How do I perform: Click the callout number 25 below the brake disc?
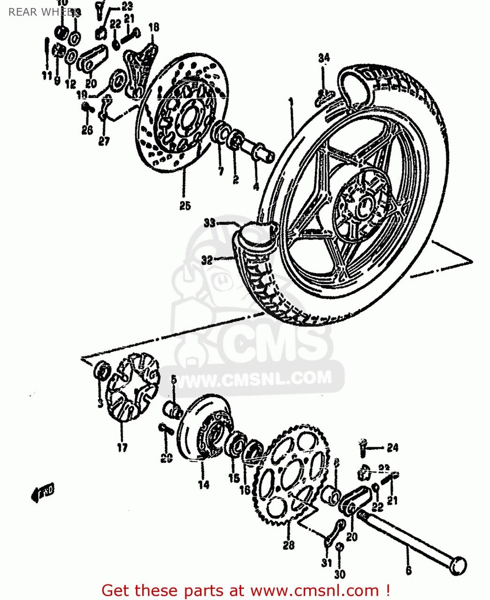(185, 205)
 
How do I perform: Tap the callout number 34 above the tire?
(323, 58)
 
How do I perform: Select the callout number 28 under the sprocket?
(289, 545)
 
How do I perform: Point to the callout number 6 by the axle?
(408, 570)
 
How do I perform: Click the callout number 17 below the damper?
(122, 448)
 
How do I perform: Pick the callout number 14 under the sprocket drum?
(203, 485)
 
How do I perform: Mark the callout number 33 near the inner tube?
(209, 223)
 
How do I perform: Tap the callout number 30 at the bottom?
(340, 575)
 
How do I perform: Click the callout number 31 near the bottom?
(327, 563)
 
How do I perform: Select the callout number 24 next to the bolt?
(392, 448)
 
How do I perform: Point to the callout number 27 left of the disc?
(104, 140)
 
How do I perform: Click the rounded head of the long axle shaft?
(458, 566)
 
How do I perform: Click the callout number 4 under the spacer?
(256, 186)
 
